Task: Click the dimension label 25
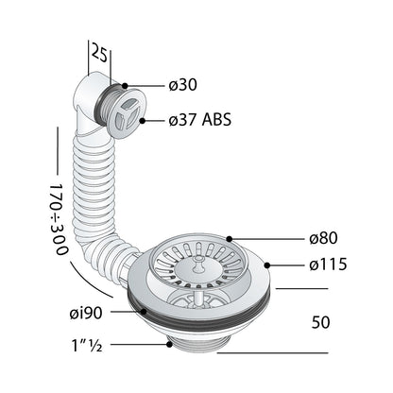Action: coord(99,54)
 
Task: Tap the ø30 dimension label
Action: coord(182,85)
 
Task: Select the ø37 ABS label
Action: coord(200,120)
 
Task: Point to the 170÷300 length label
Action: coord(59,219)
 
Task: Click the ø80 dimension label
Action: coord(323,238)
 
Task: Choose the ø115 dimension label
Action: coord(328,265)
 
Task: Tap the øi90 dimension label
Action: coord(86,313)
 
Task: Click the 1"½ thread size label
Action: coord(87,346)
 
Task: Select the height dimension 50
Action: coord(320,322)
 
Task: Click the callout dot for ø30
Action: coord(125,86)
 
